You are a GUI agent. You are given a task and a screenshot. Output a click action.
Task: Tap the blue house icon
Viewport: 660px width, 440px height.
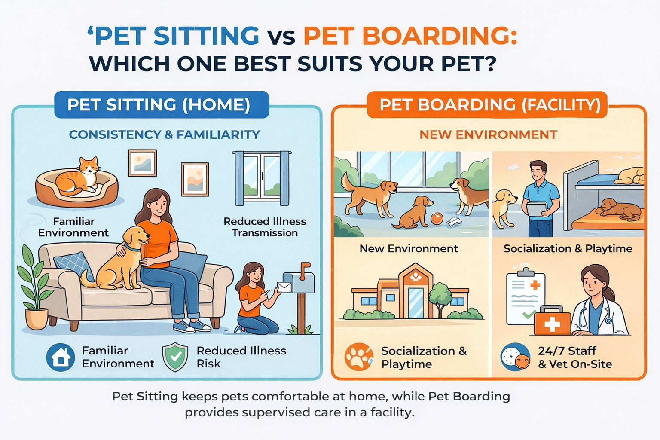61,357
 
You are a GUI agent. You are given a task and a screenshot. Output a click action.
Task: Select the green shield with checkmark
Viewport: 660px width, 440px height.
175,357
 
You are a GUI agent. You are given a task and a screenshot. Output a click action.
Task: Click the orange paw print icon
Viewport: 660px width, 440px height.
358,357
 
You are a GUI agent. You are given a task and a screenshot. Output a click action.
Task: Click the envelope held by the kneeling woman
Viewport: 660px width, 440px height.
284,287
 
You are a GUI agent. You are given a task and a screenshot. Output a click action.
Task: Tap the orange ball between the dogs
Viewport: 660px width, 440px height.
436,219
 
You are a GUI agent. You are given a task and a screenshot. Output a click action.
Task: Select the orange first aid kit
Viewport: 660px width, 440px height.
552,321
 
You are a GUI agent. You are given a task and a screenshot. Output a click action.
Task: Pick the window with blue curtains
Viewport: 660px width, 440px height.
262,177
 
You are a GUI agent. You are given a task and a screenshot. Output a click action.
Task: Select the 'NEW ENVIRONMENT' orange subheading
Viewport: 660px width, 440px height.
488,134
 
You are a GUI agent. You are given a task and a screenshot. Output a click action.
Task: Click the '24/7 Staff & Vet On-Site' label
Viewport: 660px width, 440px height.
574,357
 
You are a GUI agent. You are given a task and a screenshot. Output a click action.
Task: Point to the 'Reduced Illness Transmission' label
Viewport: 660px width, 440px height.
265,227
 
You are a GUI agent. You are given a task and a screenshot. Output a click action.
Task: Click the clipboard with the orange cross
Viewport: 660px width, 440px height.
525,298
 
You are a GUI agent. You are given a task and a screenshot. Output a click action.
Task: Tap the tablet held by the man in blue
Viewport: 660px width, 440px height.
537,209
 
